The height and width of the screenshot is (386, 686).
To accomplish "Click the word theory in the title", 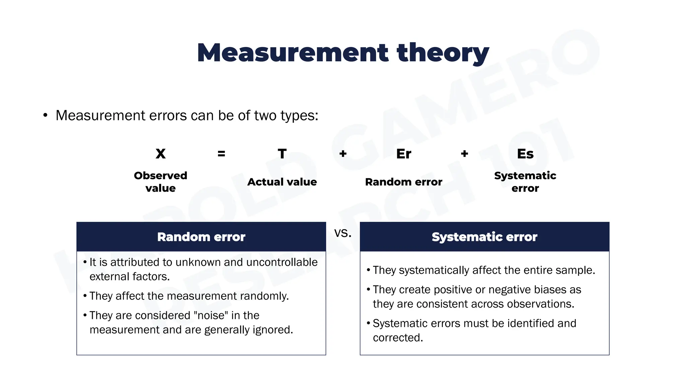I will click(x=443, y=53).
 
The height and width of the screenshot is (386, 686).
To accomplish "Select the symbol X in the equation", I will click(x=160, y=154).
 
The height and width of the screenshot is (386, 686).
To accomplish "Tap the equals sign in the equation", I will click(x=221, y=154).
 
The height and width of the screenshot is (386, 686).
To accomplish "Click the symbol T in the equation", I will click(x=282, y=154).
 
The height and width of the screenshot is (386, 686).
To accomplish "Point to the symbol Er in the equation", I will click(x=404, y=154).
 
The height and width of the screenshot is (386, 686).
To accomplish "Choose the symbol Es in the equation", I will click(x=525, y=154).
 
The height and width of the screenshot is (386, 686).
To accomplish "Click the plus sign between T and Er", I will click(x=343, y=154).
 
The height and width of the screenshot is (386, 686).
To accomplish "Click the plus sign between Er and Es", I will click(x=464, y=154).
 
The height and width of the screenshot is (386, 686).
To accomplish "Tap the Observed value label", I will click(x=160, y=182).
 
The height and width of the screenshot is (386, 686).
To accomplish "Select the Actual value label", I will click(x=282, y=182).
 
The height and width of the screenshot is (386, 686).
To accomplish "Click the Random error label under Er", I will click(x=404, y=182).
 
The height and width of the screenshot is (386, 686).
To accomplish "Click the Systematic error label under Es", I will click(x=525, y=182).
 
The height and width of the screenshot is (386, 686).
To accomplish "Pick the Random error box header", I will click(x=201, y=237).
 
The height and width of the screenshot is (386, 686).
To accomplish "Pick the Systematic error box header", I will click(x=484, y=237).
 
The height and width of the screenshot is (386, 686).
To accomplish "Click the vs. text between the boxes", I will click(x=343, y=233).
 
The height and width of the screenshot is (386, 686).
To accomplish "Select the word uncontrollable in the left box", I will click(x=282, y=262).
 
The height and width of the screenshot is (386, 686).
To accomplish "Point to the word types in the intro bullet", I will click(x=299, y=116).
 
